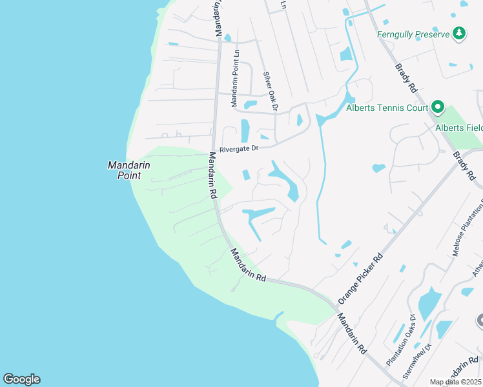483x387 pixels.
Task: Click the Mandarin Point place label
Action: [128, 170]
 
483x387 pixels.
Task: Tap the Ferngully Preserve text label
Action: [413, 34]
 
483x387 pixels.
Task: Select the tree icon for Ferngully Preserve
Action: [459, 33]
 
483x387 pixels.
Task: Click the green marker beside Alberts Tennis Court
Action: [437, 107]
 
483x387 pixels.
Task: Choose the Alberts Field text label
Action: [458, 128]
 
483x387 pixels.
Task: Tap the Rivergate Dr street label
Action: [238, 148]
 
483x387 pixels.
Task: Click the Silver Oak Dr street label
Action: [270, 91]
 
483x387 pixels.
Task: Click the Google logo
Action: [21, 379]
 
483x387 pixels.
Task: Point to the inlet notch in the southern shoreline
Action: [278, 317]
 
